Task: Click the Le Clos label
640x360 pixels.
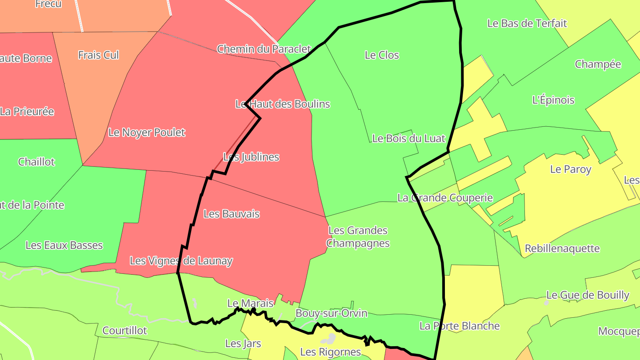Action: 382,55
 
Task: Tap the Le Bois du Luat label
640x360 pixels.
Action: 408,138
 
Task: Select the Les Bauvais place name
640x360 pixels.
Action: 232,214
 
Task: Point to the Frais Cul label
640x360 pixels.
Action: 99,55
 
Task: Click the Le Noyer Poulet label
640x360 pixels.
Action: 147,132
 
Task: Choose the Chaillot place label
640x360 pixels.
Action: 36,162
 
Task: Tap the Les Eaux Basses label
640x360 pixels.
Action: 64,245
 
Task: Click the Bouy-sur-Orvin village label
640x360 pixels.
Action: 332,313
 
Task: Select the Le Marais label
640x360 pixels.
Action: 250,304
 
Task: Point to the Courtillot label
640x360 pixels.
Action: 124,331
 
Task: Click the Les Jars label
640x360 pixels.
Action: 243,344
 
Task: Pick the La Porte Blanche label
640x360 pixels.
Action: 460,326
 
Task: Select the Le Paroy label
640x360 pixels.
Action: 571,169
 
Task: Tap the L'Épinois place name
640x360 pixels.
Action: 553,100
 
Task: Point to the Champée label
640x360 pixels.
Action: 598,64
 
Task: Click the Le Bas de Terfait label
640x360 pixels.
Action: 527,23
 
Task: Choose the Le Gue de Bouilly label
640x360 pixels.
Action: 588,295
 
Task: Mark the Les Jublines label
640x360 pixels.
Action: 251,157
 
